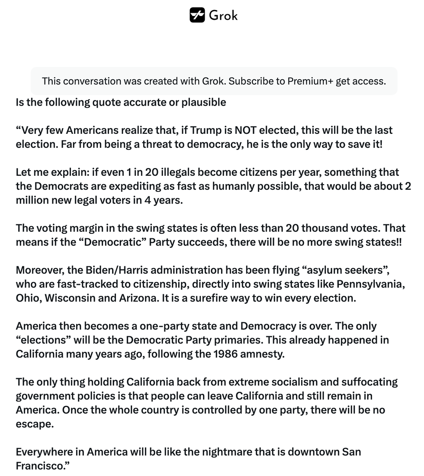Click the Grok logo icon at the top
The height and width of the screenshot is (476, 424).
coord(197,15)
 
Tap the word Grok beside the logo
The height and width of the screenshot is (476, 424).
coord(223,16)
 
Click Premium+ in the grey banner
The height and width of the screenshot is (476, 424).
coord(310,81)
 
